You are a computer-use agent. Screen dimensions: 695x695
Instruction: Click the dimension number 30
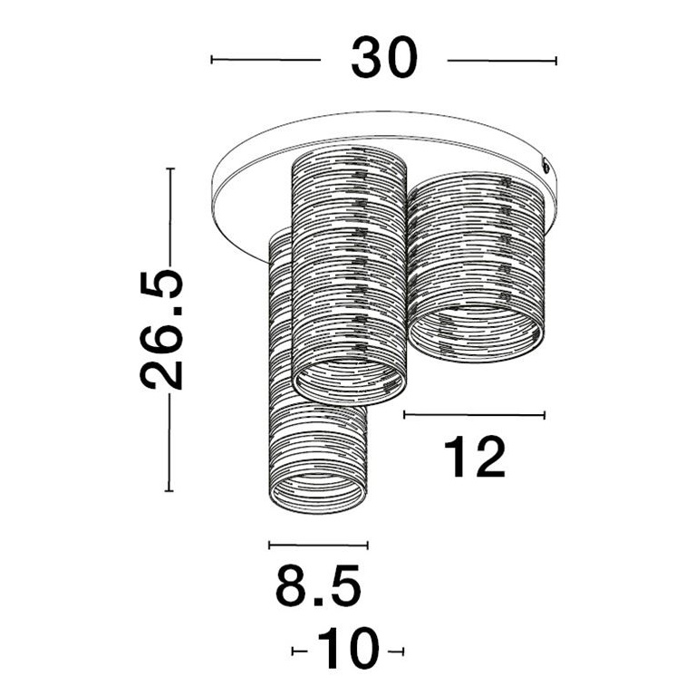pos(383,60)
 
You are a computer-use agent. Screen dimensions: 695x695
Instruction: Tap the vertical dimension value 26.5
pos(163,329)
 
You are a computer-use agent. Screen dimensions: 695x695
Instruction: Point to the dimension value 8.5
pos(318,586)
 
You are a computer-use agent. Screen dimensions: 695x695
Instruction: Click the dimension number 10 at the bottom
pos(347,650)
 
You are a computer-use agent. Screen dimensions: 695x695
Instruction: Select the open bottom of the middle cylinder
pos(350,381)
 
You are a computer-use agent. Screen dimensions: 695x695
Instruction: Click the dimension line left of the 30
pos(265,60)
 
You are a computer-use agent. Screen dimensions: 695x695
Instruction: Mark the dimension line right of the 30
pos(502,61)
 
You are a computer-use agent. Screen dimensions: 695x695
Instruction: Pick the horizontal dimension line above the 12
pos(474,415)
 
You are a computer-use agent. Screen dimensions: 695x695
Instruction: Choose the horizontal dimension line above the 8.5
pos(318,545)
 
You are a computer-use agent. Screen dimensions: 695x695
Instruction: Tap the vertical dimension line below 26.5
pos(169,444)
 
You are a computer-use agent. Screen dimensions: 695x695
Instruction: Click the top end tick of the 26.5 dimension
pos(169,169)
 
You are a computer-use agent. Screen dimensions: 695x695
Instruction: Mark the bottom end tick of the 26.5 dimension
pos(169,490)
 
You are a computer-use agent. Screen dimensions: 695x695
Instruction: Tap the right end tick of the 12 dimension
pos(545,415)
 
